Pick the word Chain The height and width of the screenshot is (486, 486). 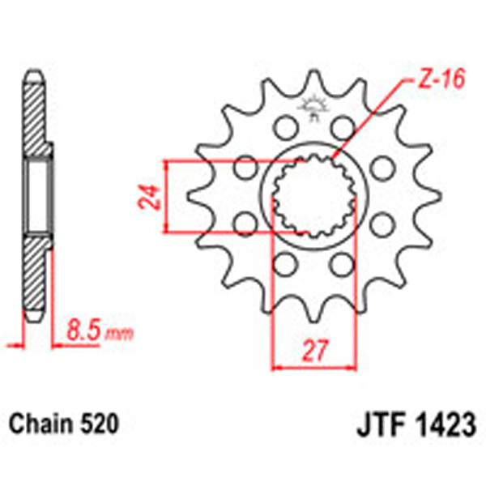tap(38, 422)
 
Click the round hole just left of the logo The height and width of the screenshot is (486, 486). tap(283, 126)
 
